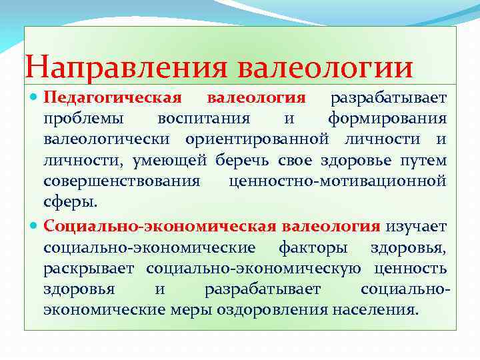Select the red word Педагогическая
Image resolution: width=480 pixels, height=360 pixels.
112,98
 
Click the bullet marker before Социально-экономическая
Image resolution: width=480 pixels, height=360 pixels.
35,227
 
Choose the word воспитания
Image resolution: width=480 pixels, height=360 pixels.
203,119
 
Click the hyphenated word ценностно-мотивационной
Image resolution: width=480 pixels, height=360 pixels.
337,181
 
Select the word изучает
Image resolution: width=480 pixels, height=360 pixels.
417,227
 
